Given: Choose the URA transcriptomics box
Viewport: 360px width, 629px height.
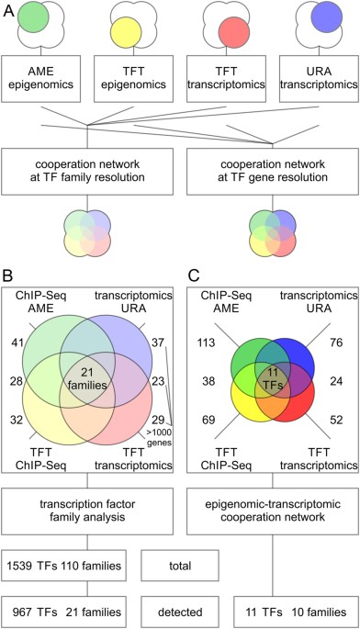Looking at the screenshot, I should [315, 76].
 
